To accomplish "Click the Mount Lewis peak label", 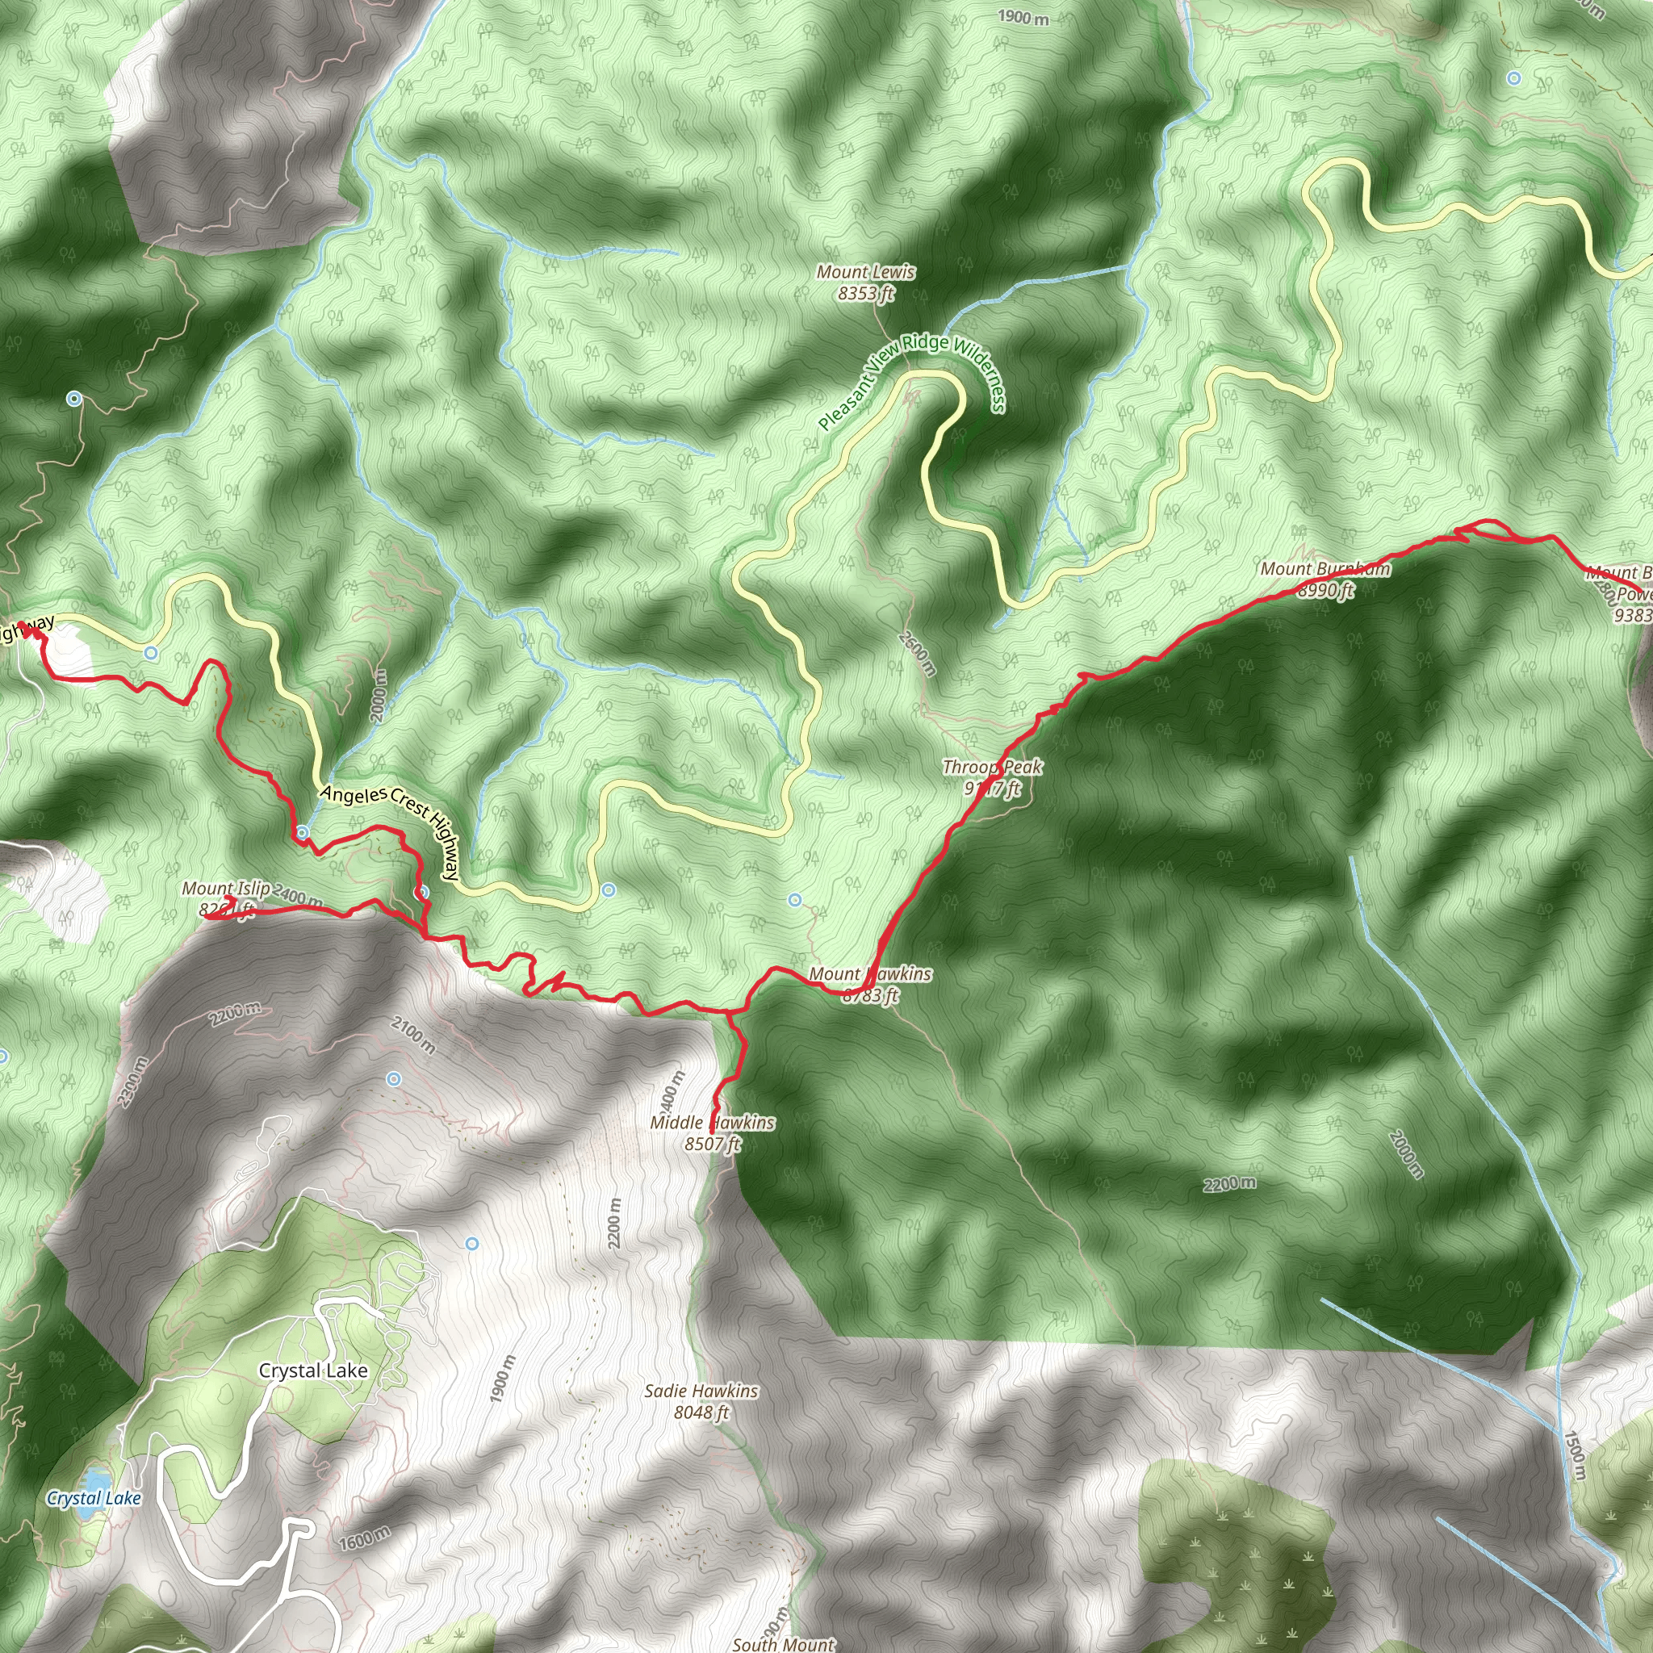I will (x=865, y=272).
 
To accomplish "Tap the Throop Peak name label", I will (x=992, y=767).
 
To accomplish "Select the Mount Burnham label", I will (x=1324, y=569).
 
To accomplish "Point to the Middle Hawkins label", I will (x=712, y=1122).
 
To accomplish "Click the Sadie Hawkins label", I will (x=701, y=1391).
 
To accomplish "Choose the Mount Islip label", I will (x=225, y=889).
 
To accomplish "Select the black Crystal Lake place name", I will (x=313, y=1370).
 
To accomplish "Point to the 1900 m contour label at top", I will (x=1023, y=16).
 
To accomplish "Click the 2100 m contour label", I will (x=413, y=1034).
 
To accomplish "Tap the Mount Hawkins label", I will (x=869, y=973).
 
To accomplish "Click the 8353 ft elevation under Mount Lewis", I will (x=866, y=294).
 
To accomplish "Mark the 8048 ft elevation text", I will (x=701, y=1412).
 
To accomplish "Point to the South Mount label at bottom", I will (x=783, y=1643).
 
